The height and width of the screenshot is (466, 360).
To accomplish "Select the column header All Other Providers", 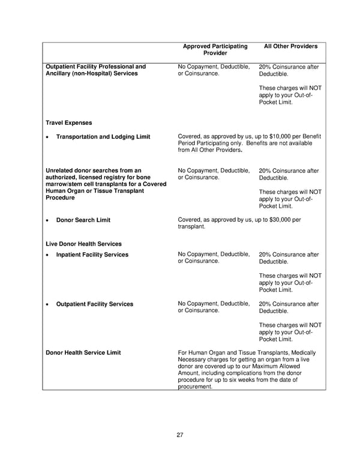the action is (290, 46).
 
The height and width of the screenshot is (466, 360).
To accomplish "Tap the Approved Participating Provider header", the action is (214, 50).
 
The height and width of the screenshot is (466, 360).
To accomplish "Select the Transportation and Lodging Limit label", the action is (103, 137).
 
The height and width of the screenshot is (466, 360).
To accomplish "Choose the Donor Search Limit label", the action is (83, 220).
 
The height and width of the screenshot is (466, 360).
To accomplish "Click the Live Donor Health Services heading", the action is (83, 244).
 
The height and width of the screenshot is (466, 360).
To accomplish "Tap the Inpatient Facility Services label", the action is (92, 255).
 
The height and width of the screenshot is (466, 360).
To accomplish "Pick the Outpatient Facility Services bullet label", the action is (94, 304).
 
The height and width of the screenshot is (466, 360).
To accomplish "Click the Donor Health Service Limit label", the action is (83, 353).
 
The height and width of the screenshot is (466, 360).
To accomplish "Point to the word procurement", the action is (195, 387).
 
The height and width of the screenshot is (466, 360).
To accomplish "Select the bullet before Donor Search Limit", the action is (47, 220).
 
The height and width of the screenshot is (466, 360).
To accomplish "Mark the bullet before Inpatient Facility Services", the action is (47, 255).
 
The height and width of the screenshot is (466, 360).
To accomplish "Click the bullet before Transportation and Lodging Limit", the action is (47, 138).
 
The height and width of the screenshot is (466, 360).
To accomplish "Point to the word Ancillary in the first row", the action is (60, 73).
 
